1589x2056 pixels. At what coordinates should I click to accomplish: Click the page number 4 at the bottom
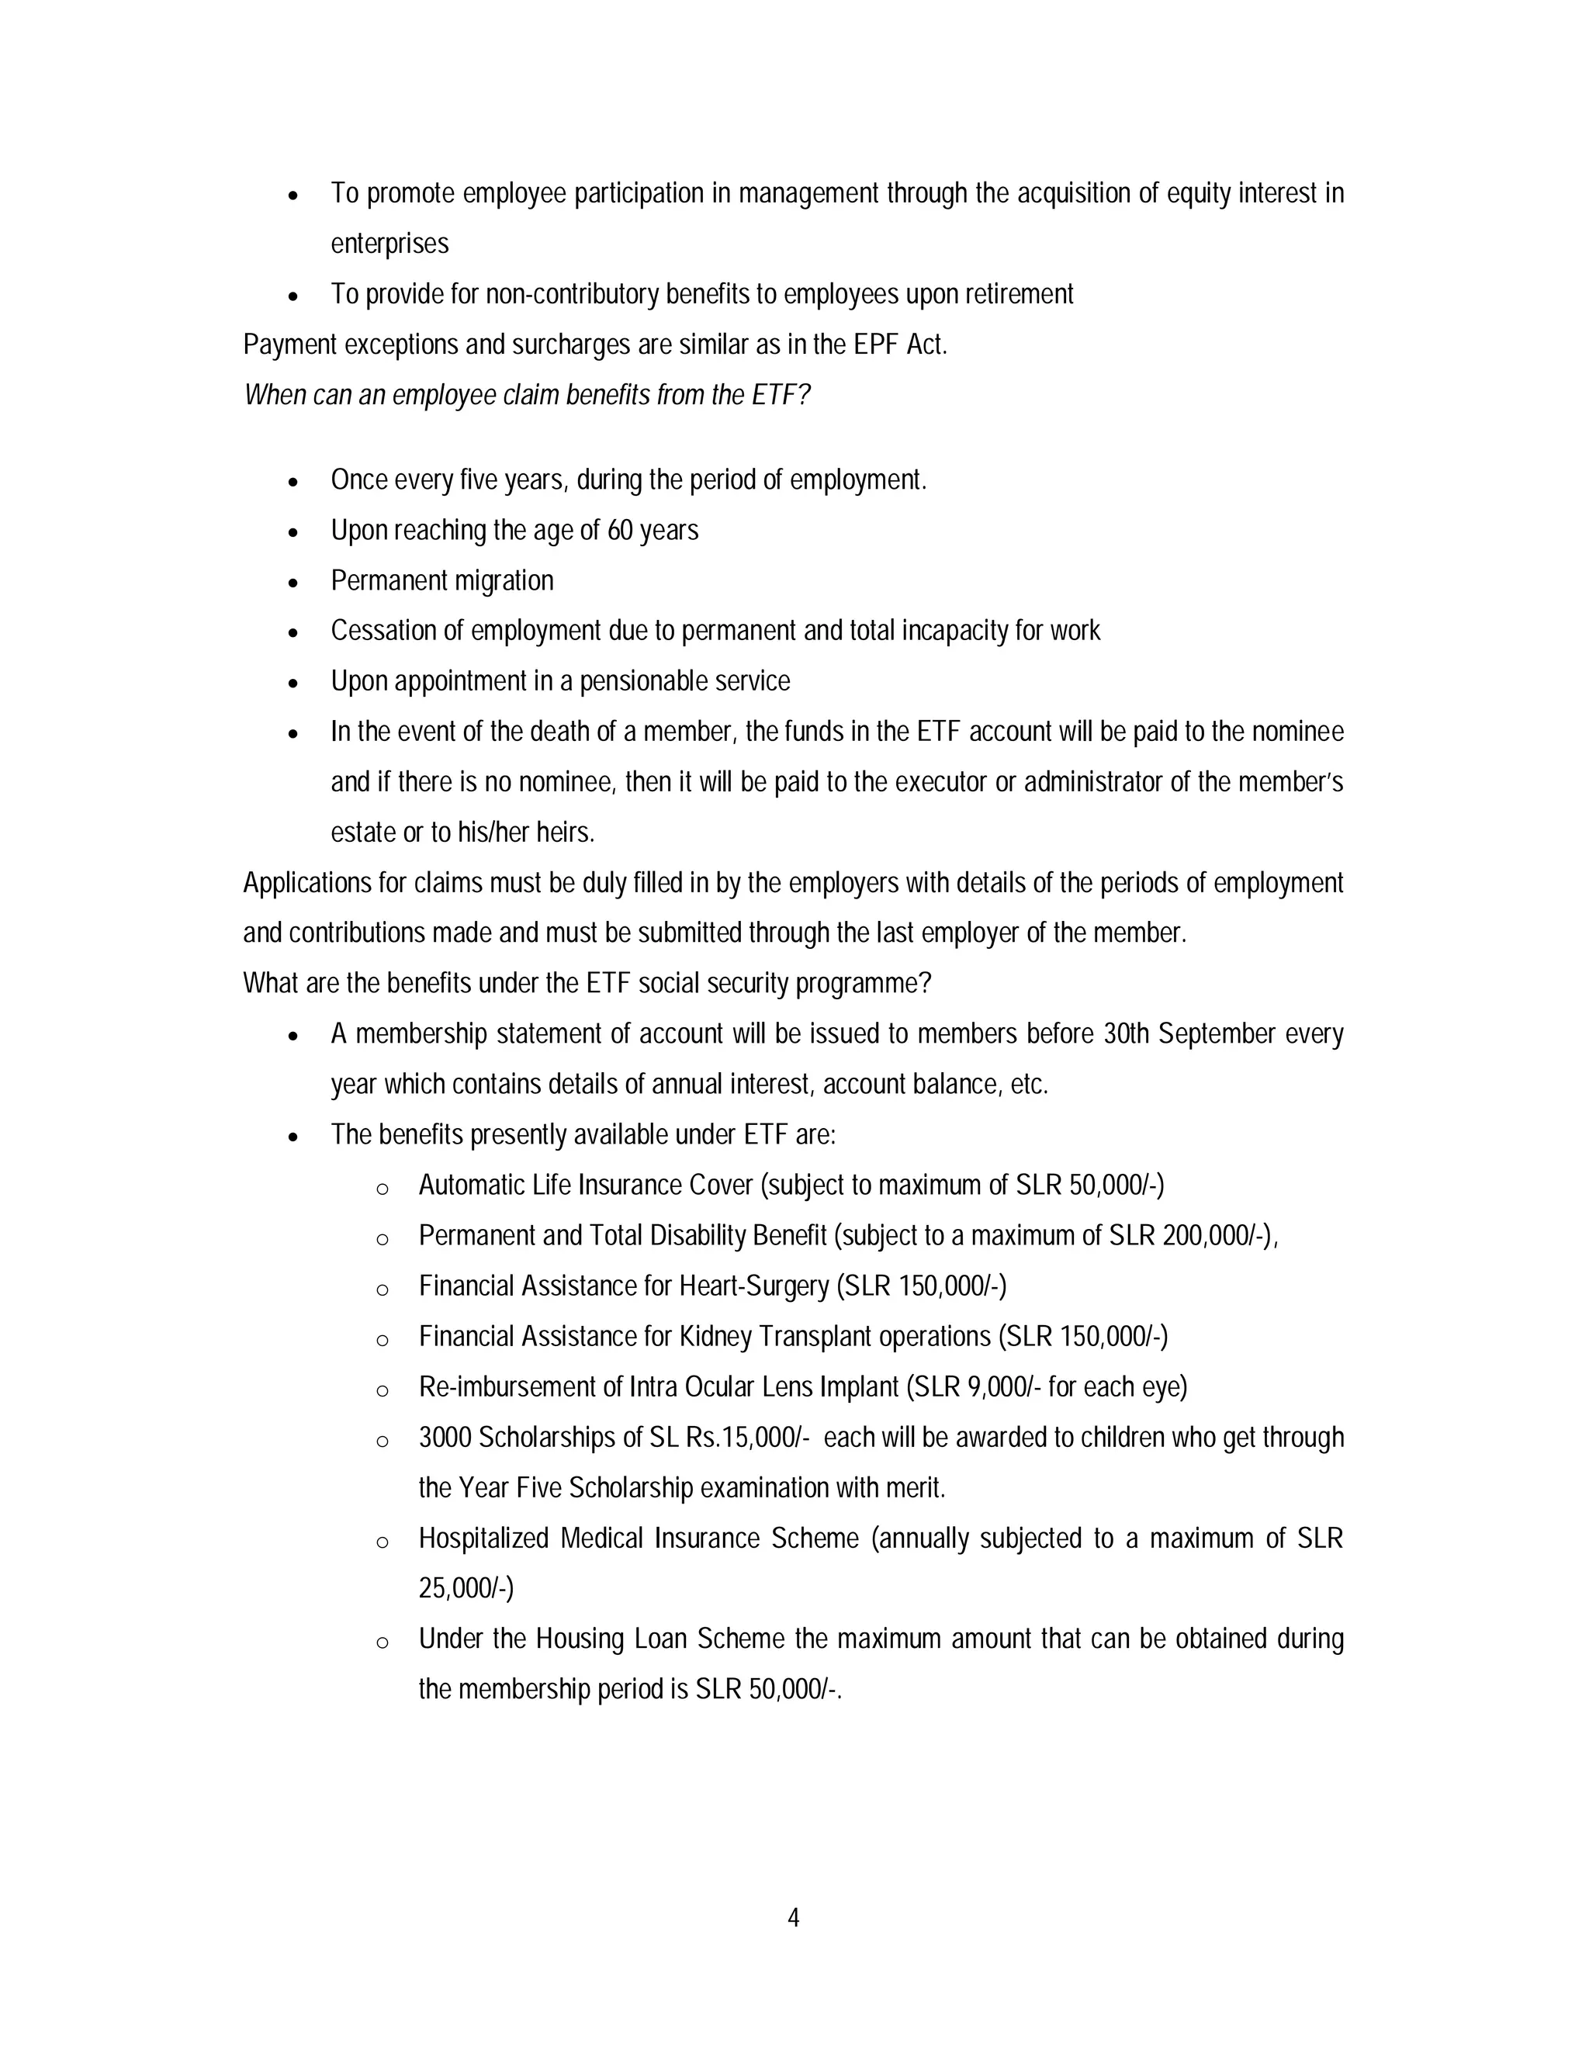tap(793, 1918)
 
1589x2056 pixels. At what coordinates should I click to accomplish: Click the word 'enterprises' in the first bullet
tap(389, 244)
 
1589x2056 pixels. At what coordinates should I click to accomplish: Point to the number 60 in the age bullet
tap(619, 531)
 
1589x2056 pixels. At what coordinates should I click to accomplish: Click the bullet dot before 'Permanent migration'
tap(294, 583)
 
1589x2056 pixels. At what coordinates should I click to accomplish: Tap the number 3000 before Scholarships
tap(445, 1438)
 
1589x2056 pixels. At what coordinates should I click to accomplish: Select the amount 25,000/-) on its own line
tap(466, 1589)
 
